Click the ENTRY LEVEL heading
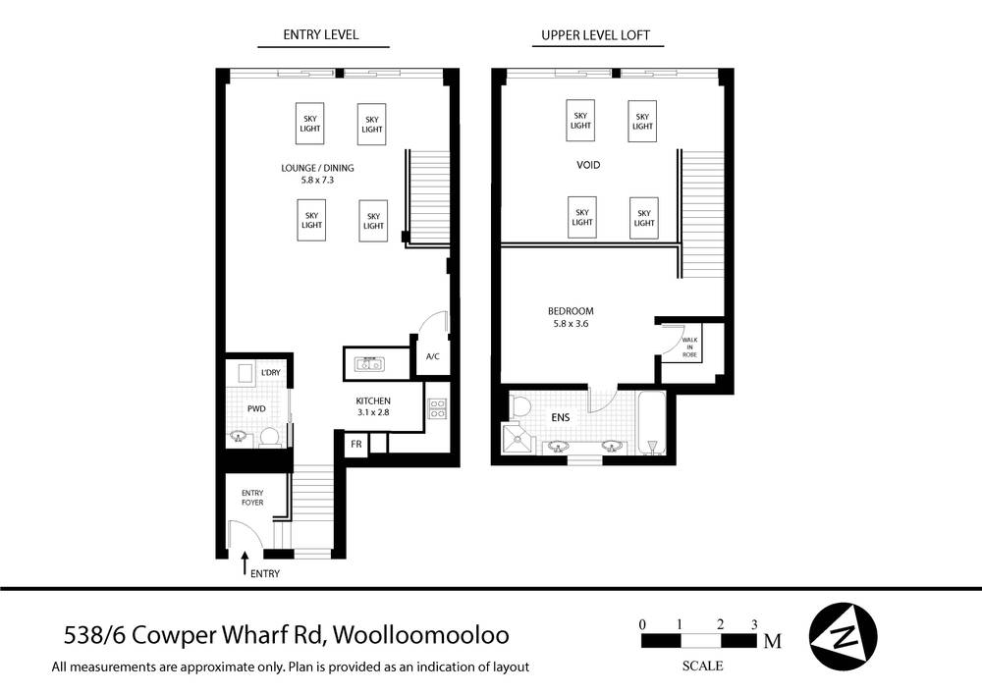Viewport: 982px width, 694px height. coord(321,35)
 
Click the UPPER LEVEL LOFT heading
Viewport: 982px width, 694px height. coord(596,35)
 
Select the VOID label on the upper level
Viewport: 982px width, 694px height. coord(588,165)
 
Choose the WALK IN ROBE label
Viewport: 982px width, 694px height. coord(690,347)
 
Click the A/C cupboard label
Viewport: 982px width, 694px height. coord(432,356)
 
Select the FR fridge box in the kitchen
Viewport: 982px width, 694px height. coord(357,444)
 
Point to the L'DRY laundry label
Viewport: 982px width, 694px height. coord(271,373)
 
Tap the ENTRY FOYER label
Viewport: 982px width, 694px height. coord(252,497)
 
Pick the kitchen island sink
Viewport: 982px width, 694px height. coord(372,362)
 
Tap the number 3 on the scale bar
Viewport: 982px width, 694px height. coord(754,624)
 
